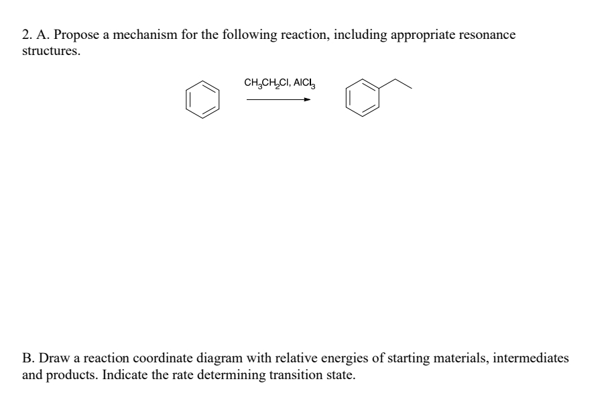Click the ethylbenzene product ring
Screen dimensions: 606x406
tap(361, 99)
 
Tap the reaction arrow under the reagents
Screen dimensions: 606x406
tap(278, 100)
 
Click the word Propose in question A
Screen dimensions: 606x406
tap(70, 36)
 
